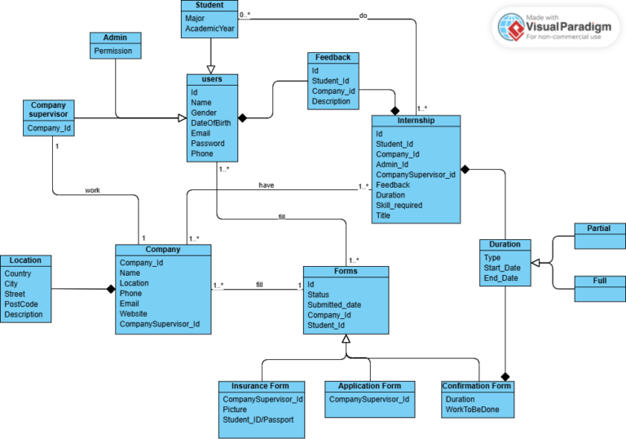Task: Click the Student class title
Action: tap(209, 6)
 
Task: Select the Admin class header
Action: tap(115, 38)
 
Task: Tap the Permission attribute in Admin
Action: tap(112, 51)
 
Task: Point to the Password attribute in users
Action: tap(208, 143)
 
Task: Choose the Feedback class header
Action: tap(333, 58)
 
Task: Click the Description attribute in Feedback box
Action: tap(330, 102)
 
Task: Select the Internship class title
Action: tap(416, 121)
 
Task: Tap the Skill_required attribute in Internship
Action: tap(399, 206)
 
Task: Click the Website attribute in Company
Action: tap(134, 313)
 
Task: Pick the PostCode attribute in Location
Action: tap(22, 304)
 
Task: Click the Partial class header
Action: tap(599, 228)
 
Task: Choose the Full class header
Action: tap(599, 281)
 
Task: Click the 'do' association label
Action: tap(363, 16)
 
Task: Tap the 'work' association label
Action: tap(93, 190)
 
